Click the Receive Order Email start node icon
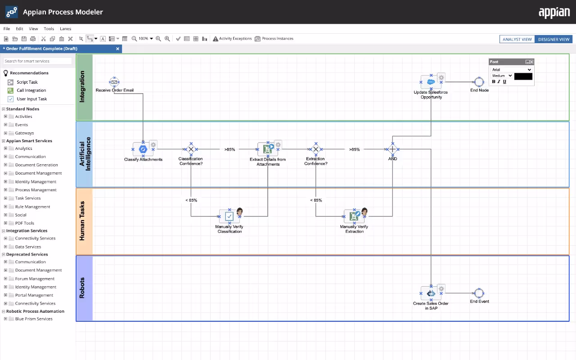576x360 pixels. (x=114, y=82)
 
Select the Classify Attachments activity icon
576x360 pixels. (x=143, y=149)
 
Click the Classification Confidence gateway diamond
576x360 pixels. (x=191, y=149)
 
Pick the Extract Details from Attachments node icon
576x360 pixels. (x=268, y=148)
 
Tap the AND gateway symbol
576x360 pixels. (x=392, y=149)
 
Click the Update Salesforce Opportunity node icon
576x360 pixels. (x=431, y=82)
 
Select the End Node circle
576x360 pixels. (x=479, y=82)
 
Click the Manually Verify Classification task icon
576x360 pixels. (x=229, y=216)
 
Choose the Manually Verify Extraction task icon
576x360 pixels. (x=354, y=216)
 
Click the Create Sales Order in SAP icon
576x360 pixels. (x=431, y=293)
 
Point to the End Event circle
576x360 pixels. (x=479, y=293)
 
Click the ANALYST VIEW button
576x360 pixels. (x=517, y=39)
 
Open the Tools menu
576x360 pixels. (x=49, y=29)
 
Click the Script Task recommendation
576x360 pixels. (x=27, y=82)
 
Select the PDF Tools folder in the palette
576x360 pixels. (x=24, y=223)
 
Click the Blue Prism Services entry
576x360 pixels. (x=34, y=319)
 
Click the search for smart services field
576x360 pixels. (x=38, y=61)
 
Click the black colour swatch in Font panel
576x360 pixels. (x=523, y=76)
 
